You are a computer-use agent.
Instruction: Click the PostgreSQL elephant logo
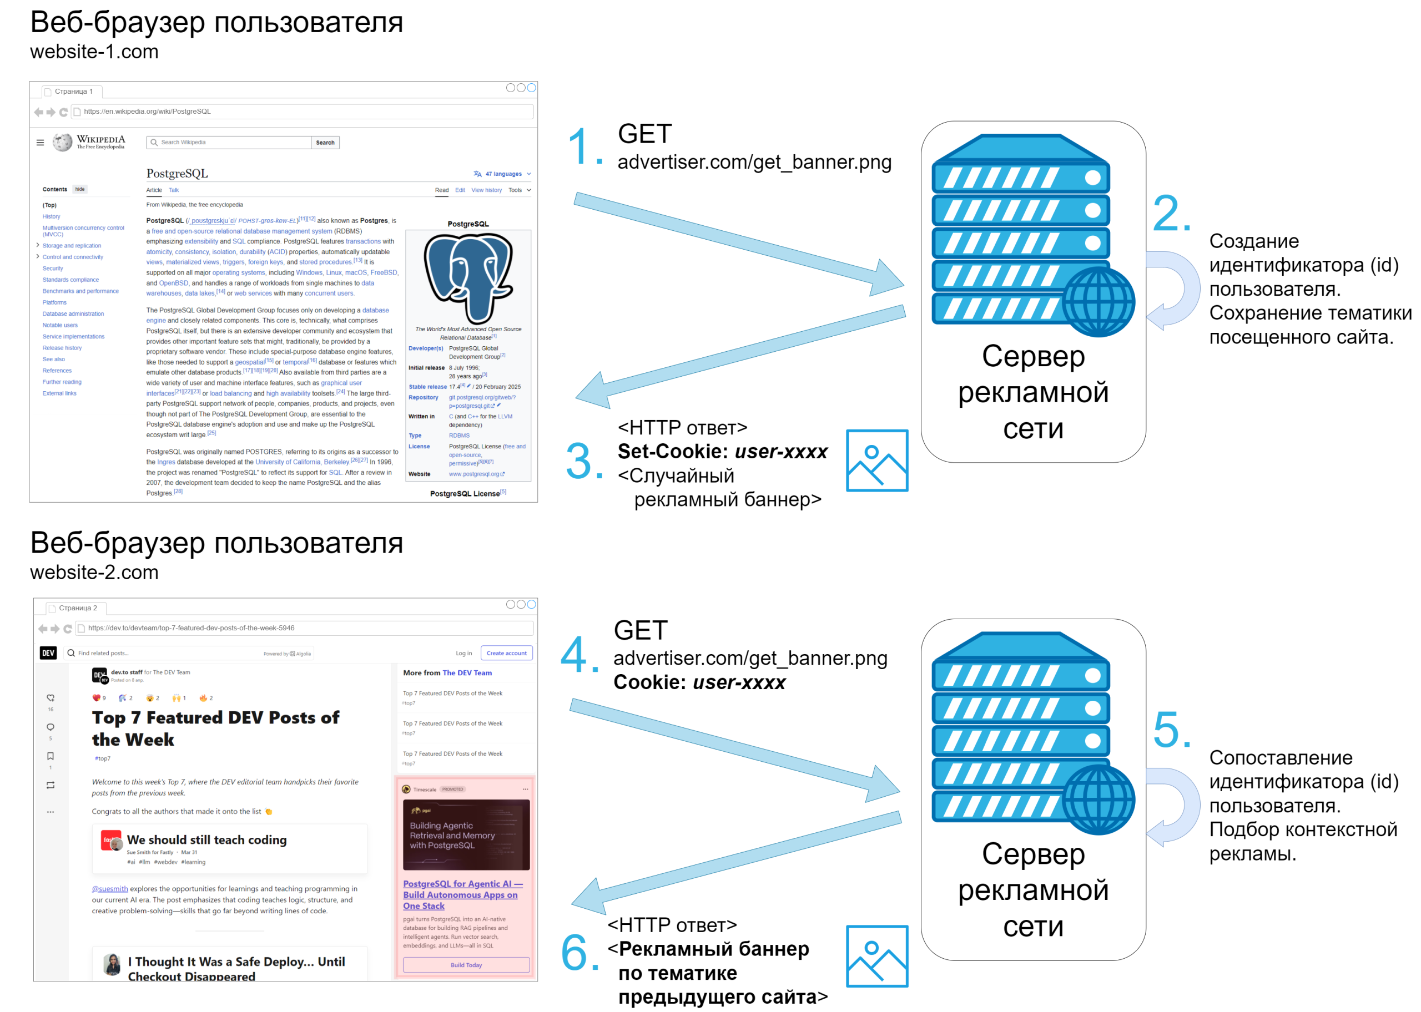(x=468, y=277)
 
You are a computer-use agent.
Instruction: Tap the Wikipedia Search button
(x=325, y=143)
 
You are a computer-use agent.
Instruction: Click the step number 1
(x=580, y=146)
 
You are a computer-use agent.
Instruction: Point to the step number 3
(x=579, y=462)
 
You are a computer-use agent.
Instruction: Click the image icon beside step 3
(x=876, y=460)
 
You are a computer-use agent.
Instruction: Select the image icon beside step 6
(x=876, y=956)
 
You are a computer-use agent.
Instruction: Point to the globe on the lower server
(x=1097, y=800)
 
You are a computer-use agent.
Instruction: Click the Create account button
(x=506, y=653)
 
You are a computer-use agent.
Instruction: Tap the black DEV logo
(x=48, y=652)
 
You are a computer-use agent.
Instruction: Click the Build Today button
(x=466, y=965)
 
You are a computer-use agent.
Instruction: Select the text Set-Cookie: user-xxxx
(x=722, y=451)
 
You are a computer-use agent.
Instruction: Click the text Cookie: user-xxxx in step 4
(x=699, y=682)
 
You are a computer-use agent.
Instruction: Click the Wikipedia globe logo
(x=62, y=143)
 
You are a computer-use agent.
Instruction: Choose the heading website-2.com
(x=94, y=572)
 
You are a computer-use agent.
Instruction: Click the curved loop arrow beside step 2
(x=1175, y=289)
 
